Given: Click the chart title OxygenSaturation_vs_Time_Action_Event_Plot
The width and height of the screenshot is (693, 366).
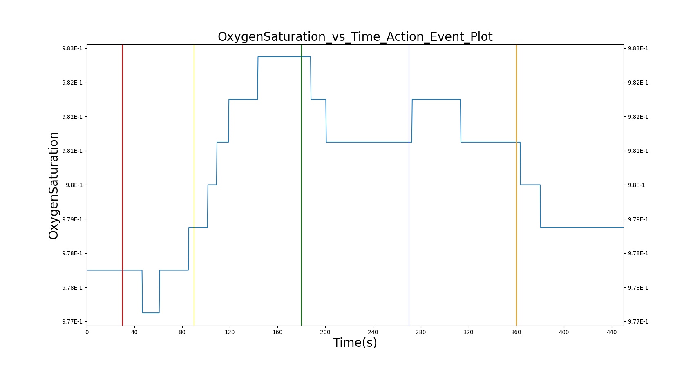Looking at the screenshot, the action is click(355, 37).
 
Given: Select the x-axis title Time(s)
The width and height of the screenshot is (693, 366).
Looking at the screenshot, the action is click(355, 343).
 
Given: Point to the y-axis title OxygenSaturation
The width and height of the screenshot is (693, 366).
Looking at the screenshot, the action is click(53, 185).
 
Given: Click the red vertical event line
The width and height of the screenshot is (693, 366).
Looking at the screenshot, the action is click(123, 185).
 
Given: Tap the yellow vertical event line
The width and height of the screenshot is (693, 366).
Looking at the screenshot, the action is click(194, 185).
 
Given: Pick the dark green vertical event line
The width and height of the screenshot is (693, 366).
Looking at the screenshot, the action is click(302, 185).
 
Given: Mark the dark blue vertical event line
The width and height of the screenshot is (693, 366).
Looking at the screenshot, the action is click(409, 185).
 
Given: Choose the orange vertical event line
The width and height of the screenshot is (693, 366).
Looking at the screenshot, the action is click(516, 185).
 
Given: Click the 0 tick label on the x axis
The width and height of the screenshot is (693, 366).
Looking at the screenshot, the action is click(87, 332).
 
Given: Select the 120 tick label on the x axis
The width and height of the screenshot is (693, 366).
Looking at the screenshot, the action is click(230, 332).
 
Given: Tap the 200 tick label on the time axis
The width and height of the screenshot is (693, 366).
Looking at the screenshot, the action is click(326, 332).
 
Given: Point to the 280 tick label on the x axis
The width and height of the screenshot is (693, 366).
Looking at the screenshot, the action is click(421, 332).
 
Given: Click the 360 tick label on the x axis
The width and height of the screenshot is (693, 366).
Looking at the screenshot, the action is click(516, 332).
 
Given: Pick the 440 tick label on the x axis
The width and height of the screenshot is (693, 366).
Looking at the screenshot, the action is click(612, 332).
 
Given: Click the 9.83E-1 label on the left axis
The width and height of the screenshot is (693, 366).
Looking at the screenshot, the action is click(72, 48).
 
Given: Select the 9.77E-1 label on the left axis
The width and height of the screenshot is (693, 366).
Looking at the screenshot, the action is click(72, 322).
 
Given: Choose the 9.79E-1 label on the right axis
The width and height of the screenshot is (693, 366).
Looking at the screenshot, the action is click(638, 219).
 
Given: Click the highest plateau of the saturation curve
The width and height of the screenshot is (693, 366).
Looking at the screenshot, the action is click(284, 57).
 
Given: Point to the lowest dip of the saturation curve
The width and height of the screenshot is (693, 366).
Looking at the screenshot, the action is click(151, 313).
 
